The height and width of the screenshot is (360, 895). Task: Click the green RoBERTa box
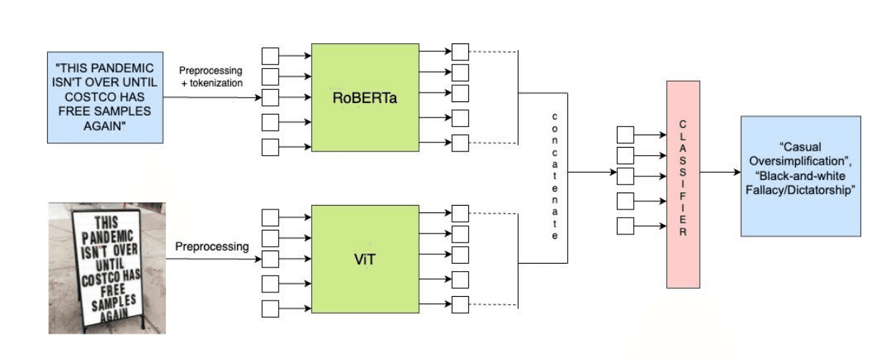[x=365, y=98]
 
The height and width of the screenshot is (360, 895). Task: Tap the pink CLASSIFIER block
[x=683, y=184]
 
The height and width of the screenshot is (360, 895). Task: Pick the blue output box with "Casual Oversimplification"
[x=800, y=176]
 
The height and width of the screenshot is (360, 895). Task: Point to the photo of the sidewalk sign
[x=107, y=267]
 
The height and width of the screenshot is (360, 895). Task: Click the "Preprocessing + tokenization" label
[x=211, y=76]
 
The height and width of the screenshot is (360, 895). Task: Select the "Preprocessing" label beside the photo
[x=212, y=247]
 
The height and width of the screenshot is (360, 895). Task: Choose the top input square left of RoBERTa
[x=271, y=56]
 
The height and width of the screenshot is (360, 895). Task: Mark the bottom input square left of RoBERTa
[x=271, y=147]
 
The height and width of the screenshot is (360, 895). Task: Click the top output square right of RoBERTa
[x=460, y=52]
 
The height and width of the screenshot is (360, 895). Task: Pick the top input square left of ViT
[x=271, y=217]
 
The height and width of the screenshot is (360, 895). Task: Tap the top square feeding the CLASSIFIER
[x=625, y=134]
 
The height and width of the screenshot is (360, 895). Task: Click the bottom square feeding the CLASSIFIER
[x=625, y=226]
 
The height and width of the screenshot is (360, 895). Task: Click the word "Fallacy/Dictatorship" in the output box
[x=800, y=190]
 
